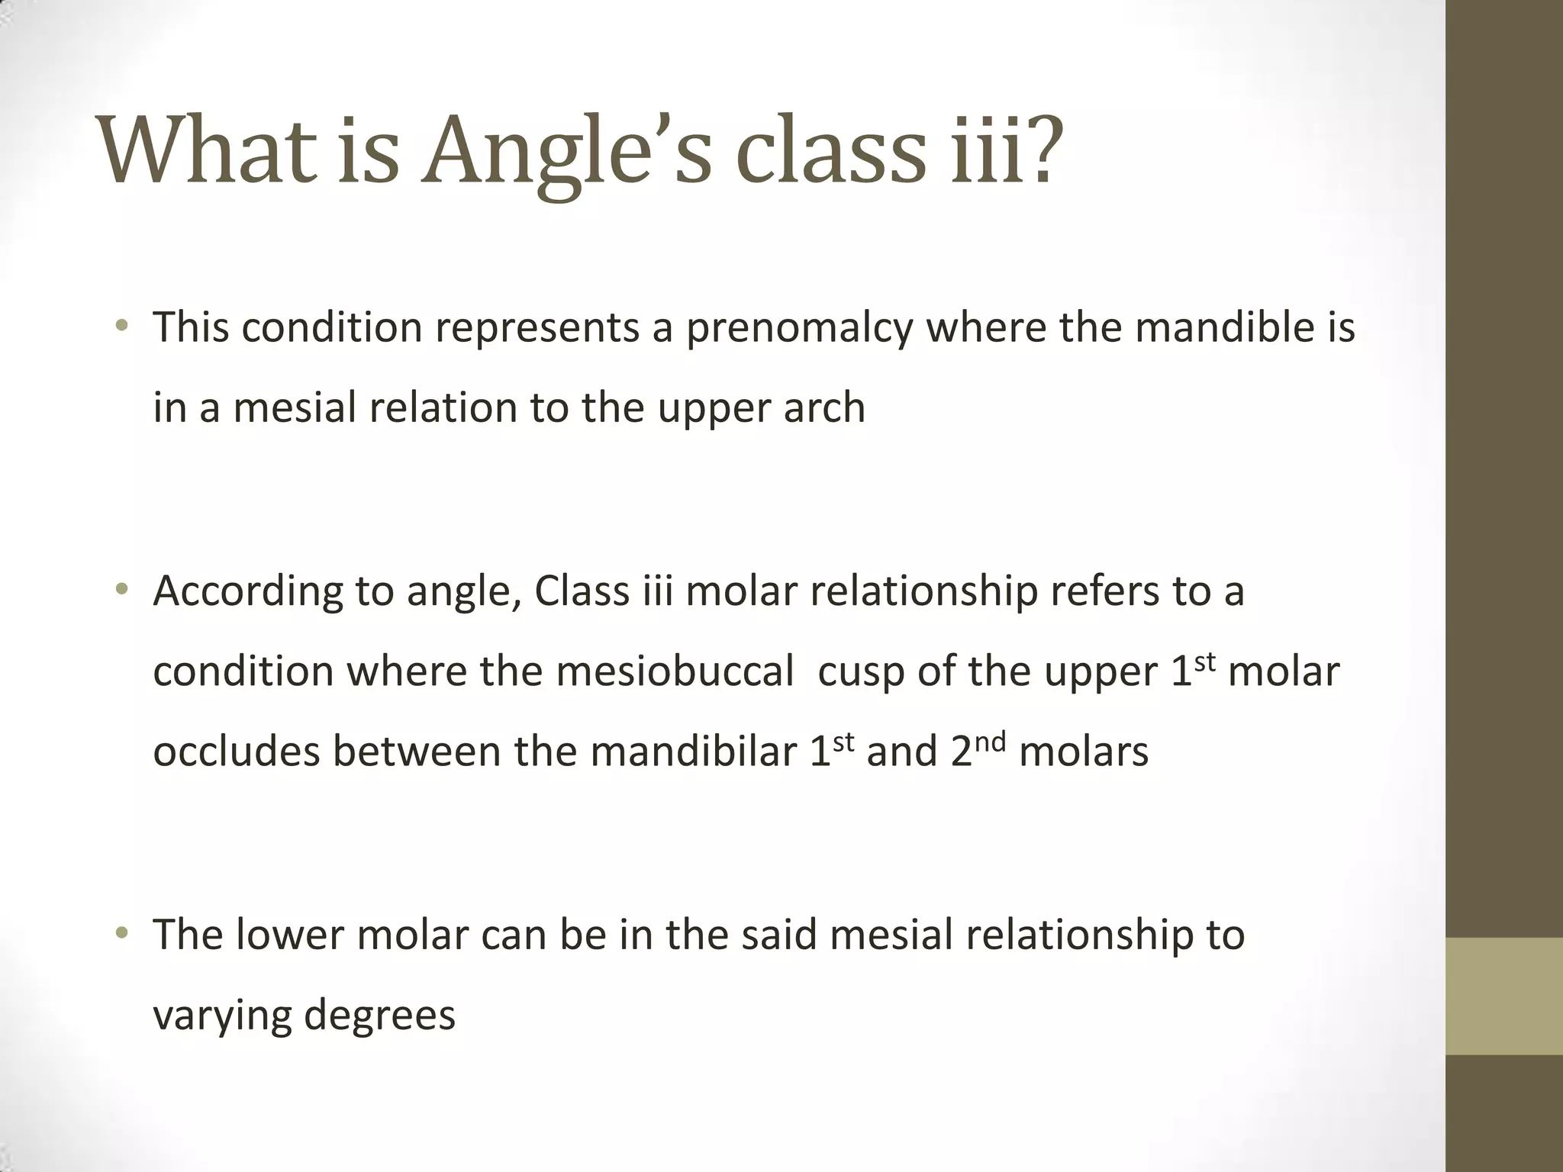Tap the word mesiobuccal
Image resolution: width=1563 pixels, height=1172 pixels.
(675, 672)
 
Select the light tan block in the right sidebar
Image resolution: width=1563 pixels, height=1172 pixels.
(1504, 996)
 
